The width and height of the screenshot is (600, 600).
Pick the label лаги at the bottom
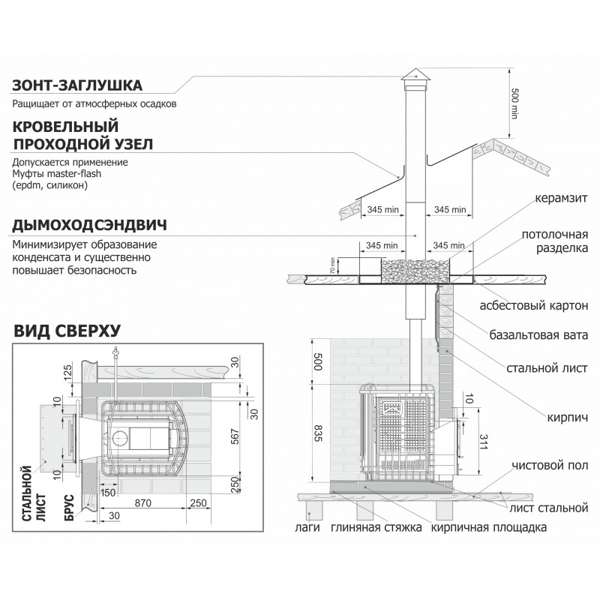[308, 527]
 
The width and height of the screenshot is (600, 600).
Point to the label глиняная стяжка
[375, 527]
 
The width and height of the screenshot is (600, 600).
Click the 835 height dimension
[317, 433]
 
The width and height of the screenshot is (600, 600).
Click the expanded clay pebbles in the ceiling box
[413, 266]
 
